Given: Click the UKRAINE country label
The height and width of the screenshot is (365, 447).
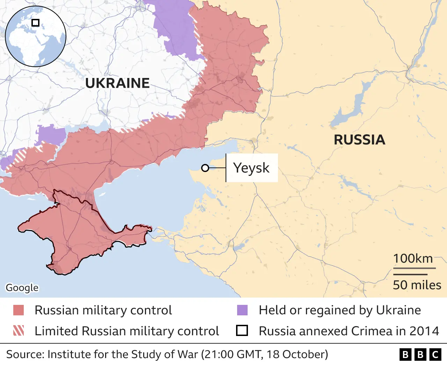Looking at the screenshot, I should point(117,83).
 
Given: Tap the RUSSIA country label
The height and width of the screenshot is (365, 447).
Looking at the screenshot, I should point(359,140).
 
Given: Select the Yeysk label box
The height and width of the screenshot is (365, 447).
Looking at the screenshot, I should point(251,168).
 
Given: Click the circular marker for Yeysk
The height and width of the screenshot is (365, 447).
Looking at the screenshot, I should point(205,168).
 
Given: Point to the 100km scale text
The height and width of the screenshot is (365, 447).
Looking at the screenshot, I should point(413,259).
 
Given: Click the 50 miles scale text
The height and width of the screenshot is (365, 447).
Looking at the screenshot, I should point(417,285).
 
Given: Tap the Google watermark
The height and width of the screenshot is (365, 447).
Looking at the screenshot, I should point(22,288).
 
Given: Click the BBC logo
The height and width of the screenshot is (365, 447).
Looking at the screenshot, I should point(420,355).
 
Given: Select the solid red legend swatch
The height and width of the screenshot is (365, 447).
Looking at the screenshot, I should point(19,310).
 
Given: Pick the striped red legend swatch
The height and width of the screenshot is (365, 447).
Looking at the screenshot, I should point(19,331).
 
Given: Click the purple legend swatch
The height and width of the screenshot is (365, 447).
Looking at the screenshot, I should point(242,310).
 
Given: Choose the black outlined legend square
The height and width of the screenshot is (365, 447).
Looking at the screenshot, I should point(242,331).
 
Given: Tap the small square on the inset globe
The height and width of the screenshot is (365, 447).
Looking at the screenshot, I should point(35,23).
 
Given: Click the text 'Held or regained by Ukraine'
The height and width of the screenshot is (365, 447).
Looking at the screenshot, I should point(340,310).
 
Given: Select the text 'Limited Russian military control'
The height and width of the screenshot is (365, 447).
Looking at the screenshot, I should point(127,331).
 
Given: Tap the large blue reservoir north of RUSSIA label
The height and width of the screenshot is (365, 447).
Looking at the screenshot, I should point(353,105).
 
